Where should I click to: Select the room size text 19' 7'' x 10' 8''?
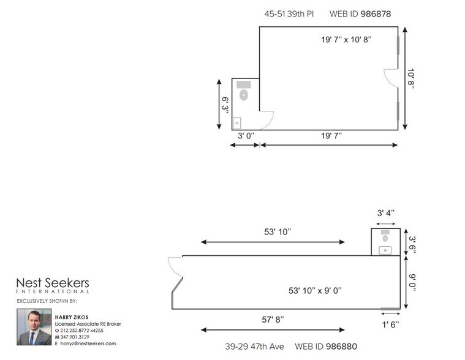point(346,39)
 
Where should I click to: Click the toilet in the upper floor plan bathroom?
point(243,95)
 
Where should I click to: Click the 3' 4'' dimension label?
point(385,212)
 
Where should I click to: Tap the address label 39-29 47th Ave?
point(249,347)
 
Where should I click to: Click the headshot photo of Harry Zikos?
point(34,327)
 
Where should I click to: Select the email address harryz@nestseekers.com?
point(88,343)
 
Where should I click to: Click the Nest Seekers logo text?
point(52,284)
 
